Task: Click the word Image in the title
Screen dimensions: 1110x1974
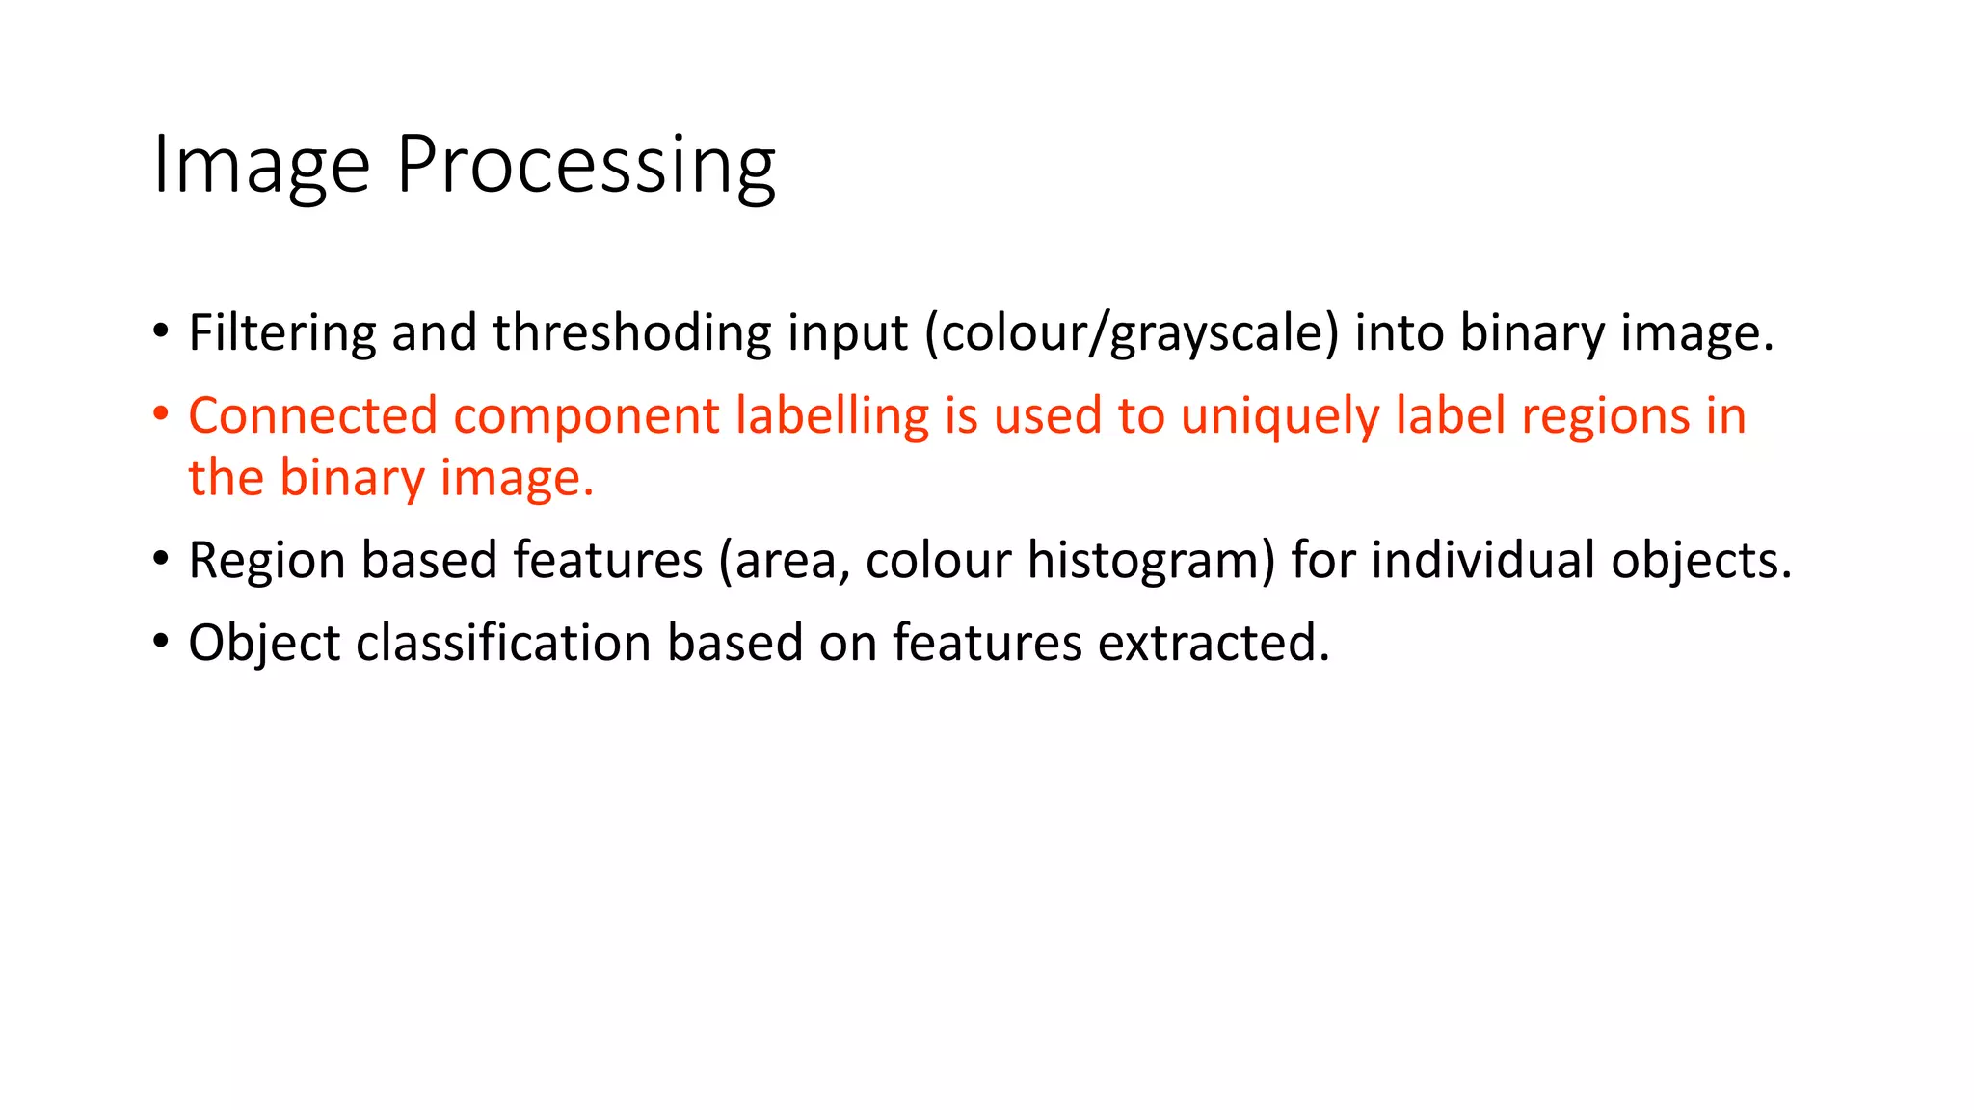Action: pos(261,166)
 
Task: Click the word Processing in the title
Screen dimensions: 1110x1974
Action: pos(585,166)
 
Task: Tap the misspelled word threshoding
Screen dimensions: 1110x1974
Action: pos(631,333)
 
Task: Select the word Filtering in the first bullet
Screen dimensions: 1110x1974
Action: pos(282,333)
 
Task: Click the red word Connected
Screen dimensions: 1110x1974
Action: pos(312,416)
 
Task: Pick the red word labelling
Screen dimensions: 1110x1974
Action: pos(832,416)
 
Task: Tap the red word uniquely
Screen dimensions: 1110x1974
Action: pos(1280,416)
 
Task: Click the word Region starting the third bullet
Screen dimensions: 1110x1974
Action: pos(266,561)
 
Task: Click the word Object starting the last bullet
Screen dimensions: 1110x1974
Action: pos(264,644)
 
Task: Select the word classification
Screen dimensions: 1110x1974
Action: pos(503,644)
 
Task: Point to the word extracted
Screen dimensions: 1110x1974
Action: pos(1214,644)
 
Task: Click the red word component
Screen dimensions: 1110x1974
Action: pos(586,416)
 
